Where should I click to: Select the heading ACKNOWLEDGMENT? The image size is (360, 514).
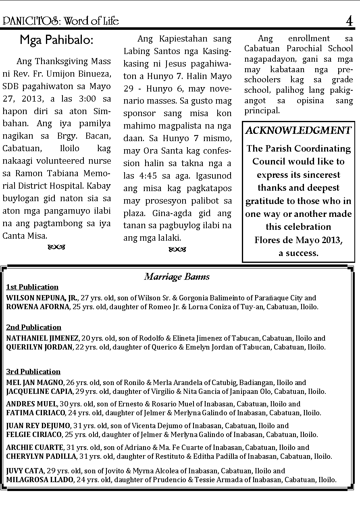(298, 130)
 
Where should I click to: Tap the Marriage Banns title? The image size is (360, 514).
(177, 277)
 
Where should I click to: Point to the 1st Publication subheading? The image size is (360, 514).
(32, 287)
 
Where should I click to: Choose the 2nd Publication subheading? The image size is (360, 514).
(33, 327)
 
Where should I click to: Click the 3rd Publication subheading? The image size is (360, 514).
(33, 372)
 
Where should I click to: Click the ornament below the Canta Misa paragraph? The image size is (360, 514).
(56, 246)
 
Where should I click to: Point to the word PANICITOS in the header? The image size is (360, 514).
(25, 21)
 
